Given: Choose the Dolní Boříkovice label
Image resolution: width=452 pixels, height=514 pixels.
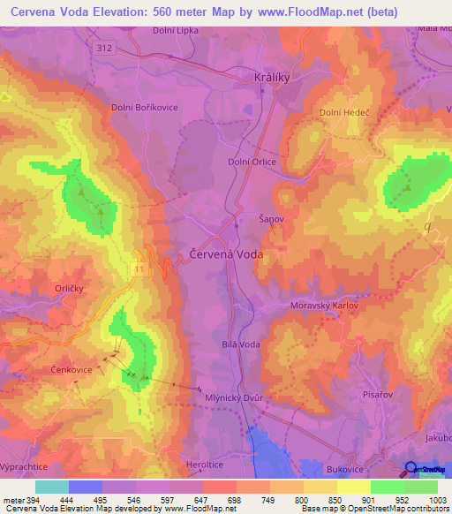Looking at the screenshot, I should click(x=145, y=107).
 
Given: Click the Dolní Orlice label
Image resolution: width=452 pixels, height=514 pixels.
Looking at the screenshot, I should click(x=252, y=162).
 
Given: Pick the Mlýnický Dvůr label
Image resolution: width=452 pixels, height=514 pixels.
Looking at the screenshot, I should click(x=234, y=397).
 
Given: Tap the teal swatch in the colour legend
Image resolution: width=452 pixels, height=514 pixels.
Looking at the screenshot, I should click(x=52, y=487).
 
